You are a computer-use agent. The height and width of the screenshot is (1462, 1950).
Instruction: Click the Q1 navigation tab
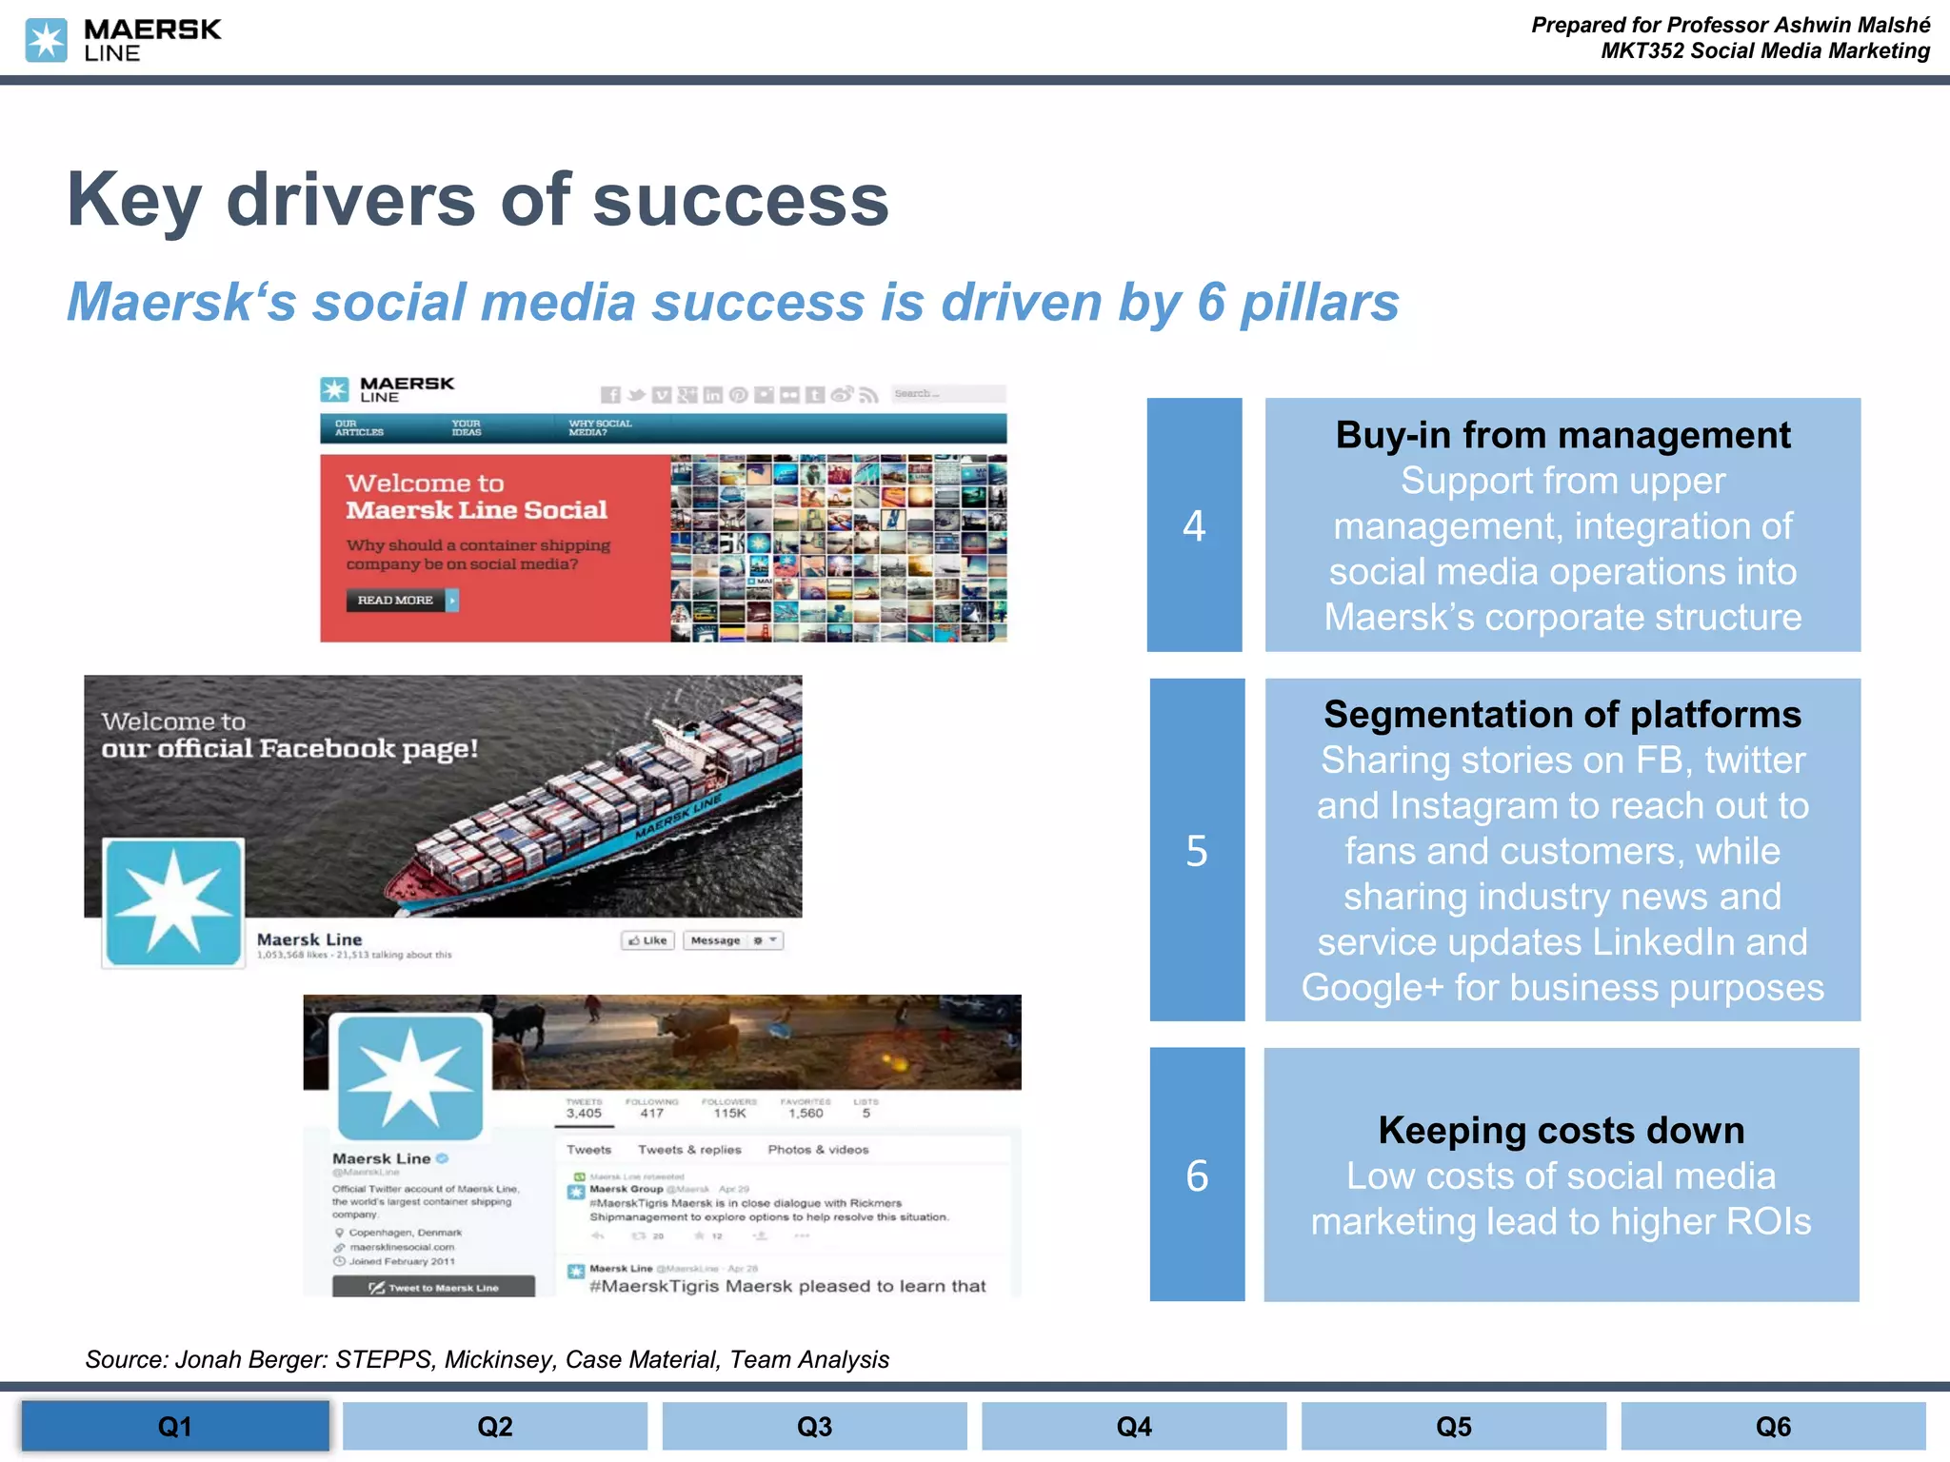pyautogui.click(x=175, y=1426)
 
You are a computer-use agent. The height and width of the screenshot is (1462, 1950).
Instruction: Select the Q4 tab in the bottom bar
pyautogui.click(x=1133, y=1426)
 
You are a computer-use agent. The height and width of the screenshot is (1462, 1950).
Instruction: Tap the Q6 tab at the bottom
pyautogui.click(x=1772, y=1426)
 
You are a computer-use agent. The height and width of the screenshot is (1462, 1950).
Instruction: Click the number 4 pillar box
pyautogui.click(x=1194, y=525)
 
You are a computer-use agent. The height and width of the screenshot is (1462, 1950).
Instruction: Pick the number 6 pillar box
pyautogui.click(x=1197, y=1175)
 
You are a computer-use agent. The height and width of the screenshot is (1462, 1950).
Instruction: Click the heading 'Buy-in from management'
pyautogui.click(x=1562, y=435)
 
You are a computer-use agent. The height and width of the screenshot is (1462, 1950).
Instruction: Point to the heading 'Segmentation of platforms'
pyautogui.click(x=1562, y=714)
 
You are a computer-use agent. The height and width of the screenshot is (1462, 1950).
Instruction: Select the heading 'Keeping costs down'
pyautogui.click(x=1562, y=1130)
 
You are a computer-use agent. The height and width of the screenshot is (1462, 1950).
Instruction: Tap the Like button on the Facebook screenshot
pyautogui.click(x=647, y=940)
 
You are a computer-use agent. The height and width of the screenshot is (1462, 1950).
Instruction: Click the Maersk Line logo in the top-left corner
pyautogui.click(x=123, y=40)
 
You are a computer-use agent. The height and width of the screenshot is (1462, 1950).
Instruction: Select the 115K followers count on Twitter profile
pyautogui.click(x=729, y=1113)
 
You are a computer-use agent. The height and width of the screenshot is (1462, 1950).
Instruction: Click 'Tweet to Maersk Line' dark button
pyautogui.click(x=433, y=1287)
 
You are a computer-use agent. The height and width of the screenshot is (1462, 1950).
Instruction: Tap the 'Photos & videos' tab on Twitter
pyautogui.click(x=818, y=1150)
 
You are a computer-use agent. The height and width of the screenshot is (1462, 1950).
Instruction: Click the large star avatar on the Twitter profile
pyautogui.click(x=410, y=1077)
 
